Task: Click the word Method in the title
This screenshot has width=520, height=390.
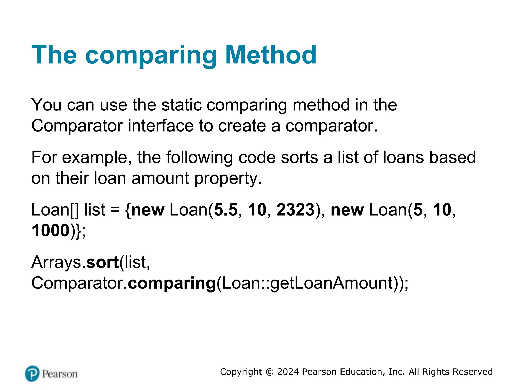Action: pyautogui.click(x=271, y=55)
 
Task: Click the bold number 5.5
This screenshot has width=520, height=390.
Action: pyautogui.click(x=226, y=210)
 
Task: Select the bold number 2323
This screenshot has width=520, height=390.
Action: pyautogui.click(x=295, y=210)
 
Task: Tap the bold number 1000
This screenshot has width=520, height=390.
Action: pyautogui.click(x=51, y=231)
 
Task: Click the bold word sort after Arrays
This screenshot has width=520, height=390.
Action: pyautogui.click(x=103, y=262)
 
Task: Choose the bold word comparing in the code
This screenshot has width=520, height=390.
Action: pyautogui.click(x=172, y=283)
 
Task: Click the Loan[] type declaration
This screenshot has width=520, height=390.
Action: pyautogui.click(x=55, y=210)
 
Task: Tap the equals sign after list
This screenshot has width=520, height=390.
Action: pyautogui.click(x=115, y=210)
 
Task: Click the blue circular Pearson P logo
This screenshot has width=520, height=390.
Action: pyautogui.click(x=32, y=373)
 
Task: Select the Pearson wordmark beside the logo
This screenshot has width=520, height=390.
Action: pyautogui.click(x=60, y=374)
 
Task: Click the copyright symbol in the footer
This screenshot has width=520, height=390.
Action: pyautogui.click(x=269, y=372)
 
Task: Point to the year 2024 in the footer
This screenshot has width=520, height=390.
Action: pyautogui.click(x=288, y=372)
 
